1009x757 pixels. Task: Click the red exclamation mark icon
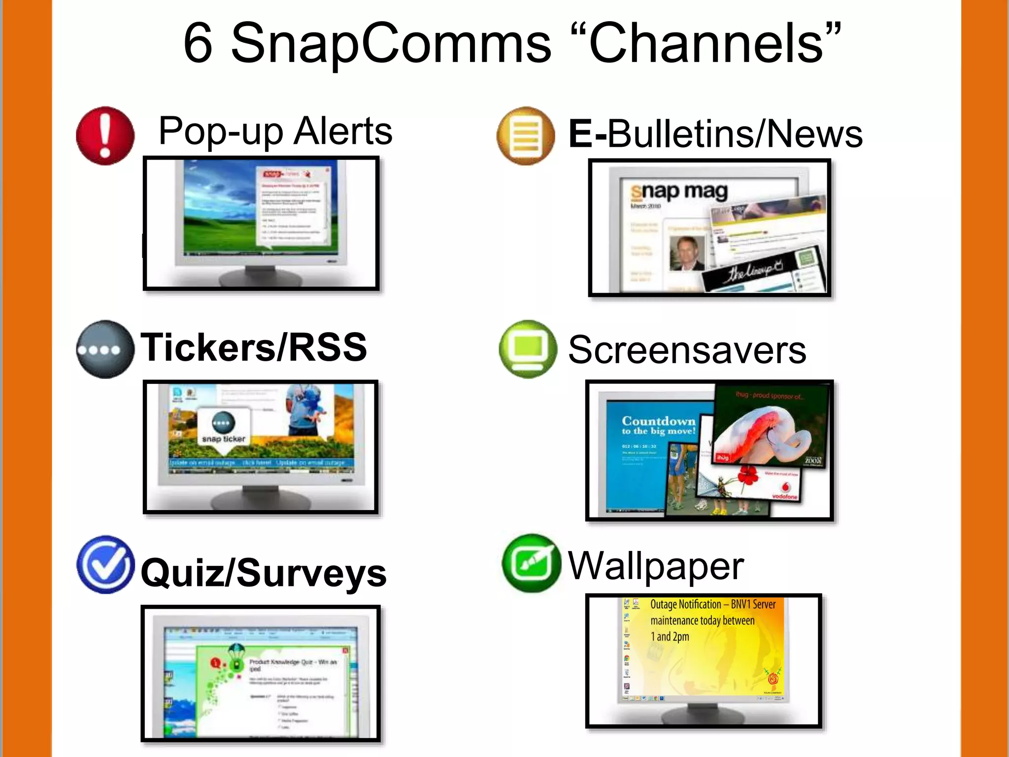point(105,136)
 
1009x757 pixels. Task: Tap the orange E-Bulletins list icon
point(526,136)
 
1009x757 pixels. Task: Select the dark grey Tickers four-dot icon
point(105,349)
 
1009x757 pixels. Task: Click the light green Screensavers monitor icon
point(528,349)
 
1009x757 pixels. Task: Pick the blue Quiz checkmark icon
point(105,565)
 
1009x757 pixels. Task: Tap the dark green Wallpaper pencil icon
point(531,563)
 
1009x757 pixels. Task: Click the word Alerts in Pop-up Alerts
point(343,131)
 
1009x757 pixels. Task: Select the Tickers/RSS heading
point(254,347)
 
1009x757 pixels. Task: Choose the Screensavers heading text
point(687,350)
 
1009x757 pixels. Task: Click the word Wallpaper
point(656,566)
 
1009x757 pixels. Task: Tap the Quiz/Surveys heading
point(264,573)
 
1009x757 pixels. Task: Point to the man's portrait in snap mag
point(687,253)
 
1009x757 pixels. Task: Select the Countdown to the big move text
point(658,425)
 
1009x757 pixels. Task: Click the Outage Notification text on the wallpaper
point(712,605)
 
